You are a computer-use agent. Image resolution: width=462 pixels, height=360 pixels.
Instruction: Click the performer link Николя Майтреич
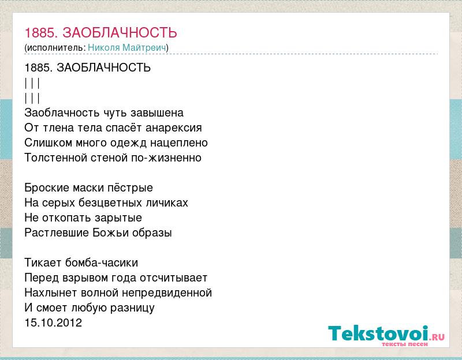(x=127, y=48)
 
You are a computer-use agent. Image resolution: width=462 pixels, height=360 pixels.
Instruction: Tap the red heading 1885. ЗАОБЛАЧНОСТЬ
(x=100, y=33)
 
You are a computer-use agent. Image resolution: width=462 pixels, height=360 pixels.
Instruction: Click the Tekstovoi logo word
(x=378, y=333)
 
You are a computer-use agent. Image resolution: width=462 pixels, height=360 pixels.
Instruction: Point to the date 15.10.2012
(x=53, y=322)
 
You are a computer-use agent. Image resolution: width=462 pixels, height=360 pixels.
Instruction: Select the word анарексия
(x=174, y=128)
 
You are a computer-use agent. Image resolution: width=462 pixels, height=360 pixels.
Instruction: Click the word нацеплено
(x=179, y=143)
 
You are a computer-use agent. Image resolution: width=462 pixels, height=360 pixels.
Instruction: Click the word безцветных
(x=115, y=203)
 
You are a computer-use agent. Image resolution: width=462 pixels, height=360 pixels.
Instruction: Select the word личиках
(x=170, y=203)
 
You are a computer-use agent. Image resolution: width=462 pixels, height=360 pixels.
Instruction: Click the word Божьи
(x=111, y=233)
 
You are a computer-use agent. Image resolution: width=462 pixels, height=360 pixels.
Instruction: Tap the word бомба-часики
(x=102, y=262)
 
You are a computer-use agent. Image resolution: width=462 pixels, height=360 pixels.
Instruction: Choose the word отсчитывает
(x=174, y=278)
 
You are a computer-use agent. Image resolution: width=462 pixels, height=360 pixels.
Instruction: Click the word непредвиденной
(x=167, y=293)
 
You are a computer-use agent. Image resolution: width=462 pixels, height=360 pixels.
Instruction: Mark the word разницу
(x=133, y=308)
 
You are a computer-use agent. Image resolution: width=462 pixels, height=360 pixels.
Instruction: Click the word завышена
(x=157, y=112)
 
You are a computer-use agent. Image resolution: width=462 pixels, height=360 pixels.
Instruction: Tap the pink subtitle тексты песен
(x=405, y=344)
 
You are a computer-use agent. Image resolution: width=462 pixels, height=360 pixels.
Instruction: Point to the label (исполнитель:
(x=55, y=48)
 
